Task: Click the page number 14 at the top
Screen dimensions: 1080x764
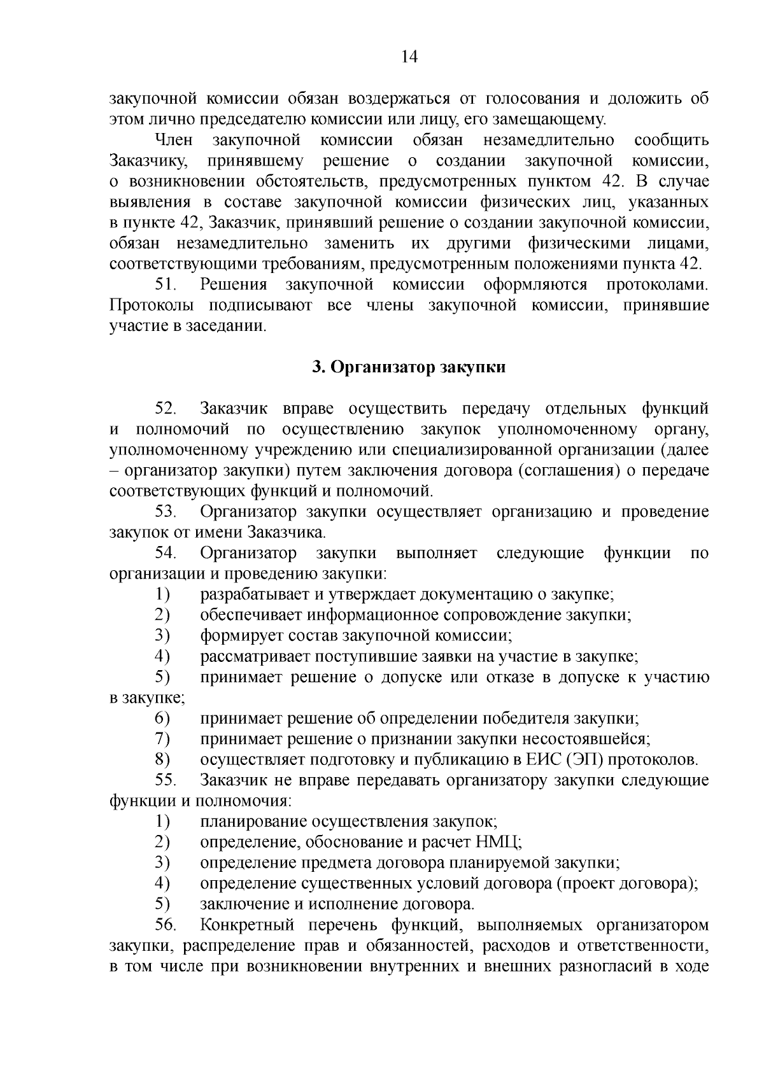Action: (x=409, y=57)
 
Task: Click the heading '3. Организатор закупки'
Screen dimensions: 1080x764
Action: (x=409, y=367)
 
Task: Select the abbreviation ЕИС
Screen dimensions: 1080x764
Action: (x=544, y=760)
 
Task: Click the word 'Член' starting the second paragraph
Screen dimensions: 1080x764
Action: (x=173, y=140)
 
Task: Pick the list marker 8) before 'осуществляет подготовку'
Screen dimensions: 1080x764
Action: (x=162, y=760)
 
